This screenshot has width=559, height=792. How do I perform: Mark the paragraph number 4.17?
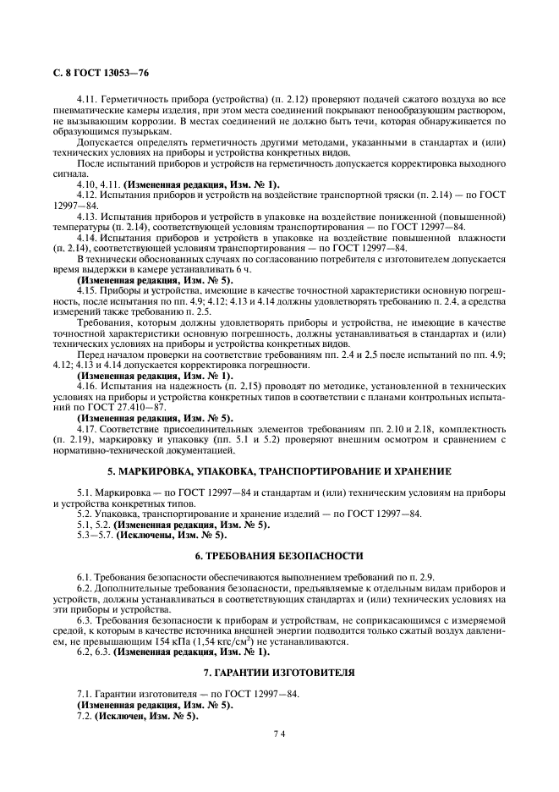click(87, 427)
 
